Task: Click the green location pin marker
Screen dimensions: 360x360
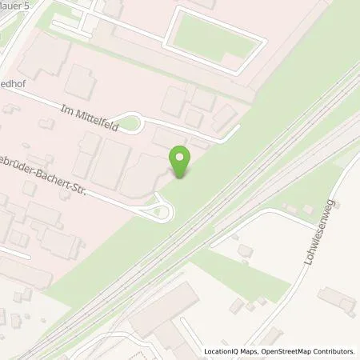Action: pos(181,161)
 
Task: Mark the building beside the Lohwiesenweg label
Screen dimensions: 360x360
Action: pos(337,301)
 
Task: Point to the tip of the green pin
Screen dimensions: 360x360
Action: pos(181,177)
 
